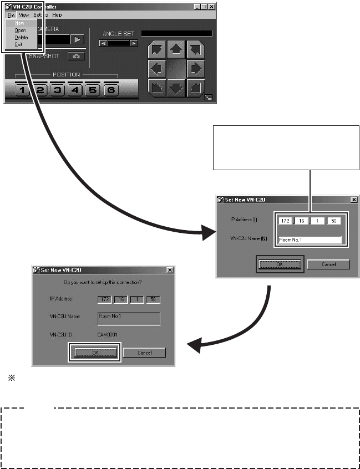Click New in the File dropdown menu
(x=20, y=23)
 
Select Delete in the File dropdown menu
(x=21, y=37)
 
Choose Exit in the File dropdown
(x=19, y=44)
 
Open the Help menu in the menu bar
(x=57, y=15)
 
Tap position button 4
(x=75, y=90)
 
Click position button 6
(x=110, y=90)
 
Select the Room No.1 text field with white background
(x=310, y=241)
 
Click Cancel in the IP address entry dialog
(x=328, y=264)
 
